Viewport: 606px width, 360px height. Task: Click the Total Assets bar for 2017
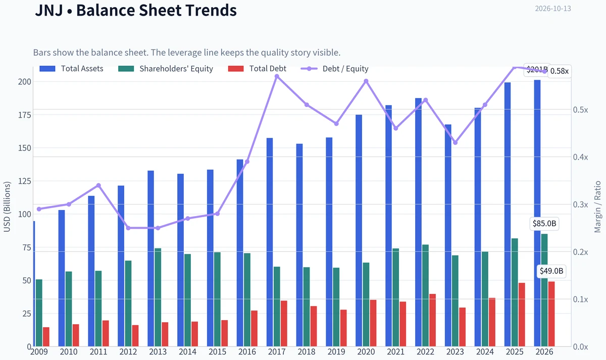pyautogui.click(x=270, y=242)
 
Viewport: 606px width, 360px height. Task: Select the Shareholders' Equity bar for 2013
pyautogui.click(x=158, y=297)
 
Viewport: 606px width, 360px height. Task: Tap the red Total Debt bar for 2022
pyautogui.click(x=432, y=320)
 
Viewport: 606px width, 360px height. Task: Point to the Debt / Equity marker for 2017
pyautogui.click(x=277, y=77)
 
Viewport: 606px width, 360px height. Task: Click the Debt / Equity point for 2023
pyautogui.click(x=455, y=142)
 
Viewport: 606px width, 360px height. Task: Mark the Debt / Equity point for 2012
pyautogui.click(x=128, y=228)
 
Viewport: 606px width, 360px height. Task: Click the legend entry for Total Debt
pyautogui.click(x=257, y=69)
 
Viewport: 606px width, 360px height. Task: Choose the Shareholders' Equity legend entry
pyautogui.click(x=166, y=69)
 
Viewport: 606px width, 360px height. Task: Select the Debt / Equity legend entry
pyautogui.click(x=335, y=69)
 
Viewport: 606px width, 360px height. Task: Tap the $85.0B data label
pyautogui.click(x=544, y=223)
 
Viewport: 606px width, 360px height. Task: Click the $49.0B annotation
pyautogui.click(x=551, y=271)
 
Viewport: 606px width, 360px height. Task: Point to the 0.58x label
pyautogui.click(x=560, y=71)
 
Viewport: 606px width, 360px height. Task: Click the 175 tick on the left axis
pyautogui.click(x=25, y=115)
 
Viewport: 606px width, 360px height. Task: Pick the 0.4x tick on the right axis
pyautogui.click(x=581, y=157)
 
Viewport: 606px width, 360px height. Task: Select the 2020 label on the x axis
pyautogui.click(x=366, y=352)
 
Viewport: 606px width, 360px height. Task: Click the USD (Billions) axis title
pyautogui.click(x=7, y=207)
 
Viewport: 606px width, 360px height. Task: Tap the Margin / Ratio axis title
pyautogui.click(x=597, y=207)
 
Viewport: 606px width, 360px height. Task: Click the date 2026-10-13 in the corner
pyautogui.click(x=553, y=9)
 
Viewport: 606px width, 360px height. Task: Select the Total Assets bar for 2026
pyautogui.click(x=537, y=213)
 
